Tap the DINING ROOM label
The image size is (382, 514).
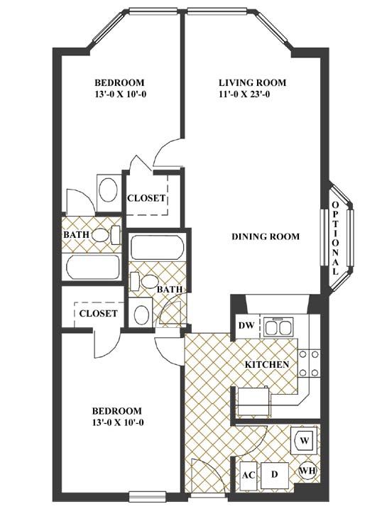pos(265,236)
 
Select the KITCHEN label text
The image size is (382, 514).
pos(266,364)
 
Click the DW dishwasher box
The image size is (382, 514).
pos(246,326)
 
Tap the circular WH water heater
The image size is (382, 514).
pos(307,471)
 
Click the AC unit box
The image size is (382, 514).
pos(247,474)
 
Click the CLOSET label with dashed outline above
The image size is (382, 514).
pos(146,198)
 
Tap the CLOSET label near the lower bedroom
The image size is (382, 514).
pos(98,313)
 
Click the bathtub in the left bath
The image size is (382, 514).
pos(93,268)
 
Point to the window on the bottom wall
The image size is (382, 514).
pos(148,496)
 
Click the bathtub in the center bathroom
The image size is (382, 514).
pos(158,248)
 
